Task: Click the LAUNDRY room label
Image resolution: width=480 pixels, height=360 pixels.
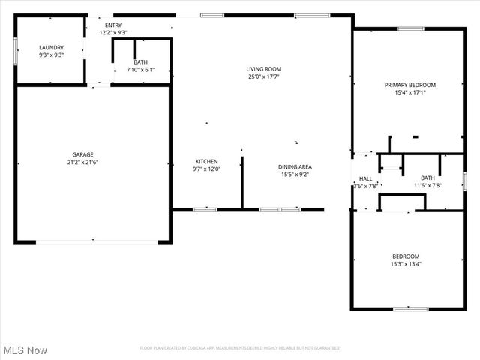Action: pyautogui.click(x=51, y=47)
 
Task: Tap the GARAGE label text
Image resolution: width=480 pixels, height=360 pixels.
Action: pyautogui.click(x=82, y=154)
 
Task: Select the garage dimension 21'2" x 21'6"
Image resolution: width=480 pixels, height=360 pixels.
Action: pyautogui.click(x=82, y=162)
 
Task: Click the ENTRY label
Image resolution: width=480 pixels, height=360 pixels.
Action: pyautogui.click(x=113, y=25)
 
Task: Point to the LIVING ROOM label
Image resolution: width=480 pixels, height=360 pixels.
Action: pyautogui.click(x=264, y=69)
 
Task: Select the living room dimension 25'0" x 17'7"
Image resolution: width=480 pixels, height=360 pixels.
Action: pyautogui.click(x=264, y=76)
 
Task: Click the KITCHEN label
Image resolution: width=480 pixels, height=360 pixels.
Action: pyautogui.click(x=206, y=162)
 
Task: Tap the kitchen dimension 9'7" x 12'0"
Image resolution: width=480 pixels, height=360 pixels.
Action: pyautogui.click(x=206, y=169)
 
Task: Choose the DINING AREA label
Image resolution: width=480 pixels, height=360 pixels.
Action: pyautogui.click(x=295, y=167)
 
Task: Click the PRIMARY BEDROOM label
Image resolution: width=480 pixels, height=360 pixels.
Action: pyautogui.click(x=409, y=85)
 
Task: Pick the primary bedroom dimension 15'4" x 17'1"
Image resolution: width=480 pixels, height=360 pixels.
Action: pyautogui.click(x=409, y=92)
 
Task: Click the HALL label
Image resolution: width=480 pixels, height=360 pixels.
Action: pyautogui.click(x=365, y=178)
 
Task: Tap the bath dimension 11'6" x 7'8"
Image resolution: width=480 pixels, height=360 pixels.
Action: pyautogui.click(x=427, y=185)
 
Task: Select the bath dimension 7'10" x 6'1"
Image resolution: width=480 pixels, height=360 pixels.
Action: pyautogui.click(x=140, y=70)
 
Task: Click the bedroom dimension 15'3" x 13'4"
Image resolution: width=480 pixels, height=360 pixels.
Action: pyautogui.click(x=405, y=263)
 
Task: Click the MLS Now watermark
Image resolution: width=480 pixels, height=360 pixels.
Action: pyautogui.click(x=25, y=350)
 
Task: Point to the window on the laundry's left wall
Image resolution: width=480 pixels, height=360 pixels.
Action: pyautogui.click(x=16, y=51)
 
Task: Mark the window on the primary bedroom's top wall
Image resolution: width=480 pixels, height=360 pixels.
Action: pyautogui.click(x=411, y=28)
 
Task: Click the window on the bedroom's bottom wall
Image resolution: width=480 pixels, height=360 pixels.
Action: pyautogui.click(x=410, y=308)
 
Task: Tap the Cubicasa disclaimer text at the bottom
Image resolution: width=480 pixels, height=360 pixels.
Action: pyautogui.click(x=239, y=348)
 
